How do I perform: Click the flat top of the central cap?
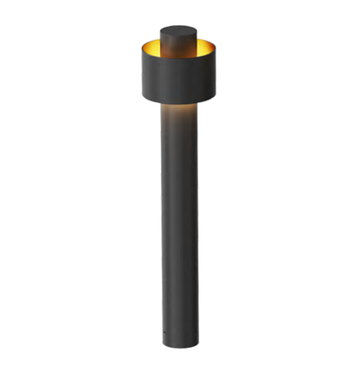click(177, 29)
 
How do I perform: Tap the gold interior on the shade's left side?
click(151, 45)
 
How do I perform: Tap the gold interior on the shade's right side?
click(206, 45)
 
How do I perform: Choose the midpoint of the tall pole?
click(178, 225)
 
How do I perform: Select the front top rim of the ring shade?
click(177, 57)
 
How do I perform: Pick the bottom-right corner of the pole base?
click(197, 344)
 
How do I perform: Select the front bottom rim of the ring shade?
click(177, 101)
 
